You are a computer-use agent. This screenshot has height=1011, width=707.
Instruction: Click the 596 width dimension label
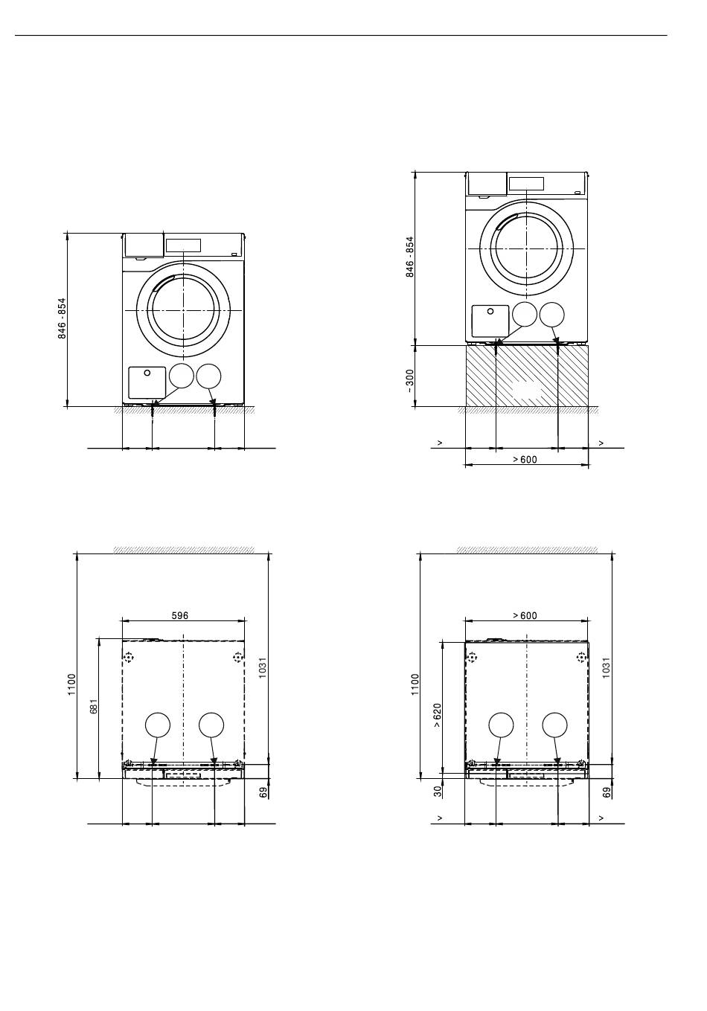179,615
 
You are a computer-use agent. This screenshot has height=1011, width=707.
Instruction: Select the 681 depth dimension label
94,706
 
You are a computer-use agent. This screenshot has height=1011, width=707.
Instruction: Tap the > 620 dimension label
438,715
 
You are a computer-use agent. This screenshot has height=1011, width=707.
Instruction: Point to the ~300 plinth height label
409,381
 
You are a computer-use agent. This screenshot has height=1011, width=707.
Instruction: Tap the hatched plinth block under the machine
527,376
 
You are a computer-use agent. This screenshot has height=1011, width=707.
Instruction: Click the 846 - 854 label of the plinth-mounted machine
409,257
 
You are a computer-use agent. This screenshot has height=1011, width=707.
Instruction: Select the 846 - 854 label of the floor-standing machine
62,318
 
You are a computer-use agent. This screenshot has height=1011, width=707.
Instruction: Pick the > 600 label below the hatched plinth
525,460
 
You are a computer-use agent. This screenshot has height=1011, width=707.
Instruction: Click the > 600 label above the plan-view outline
525,616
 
